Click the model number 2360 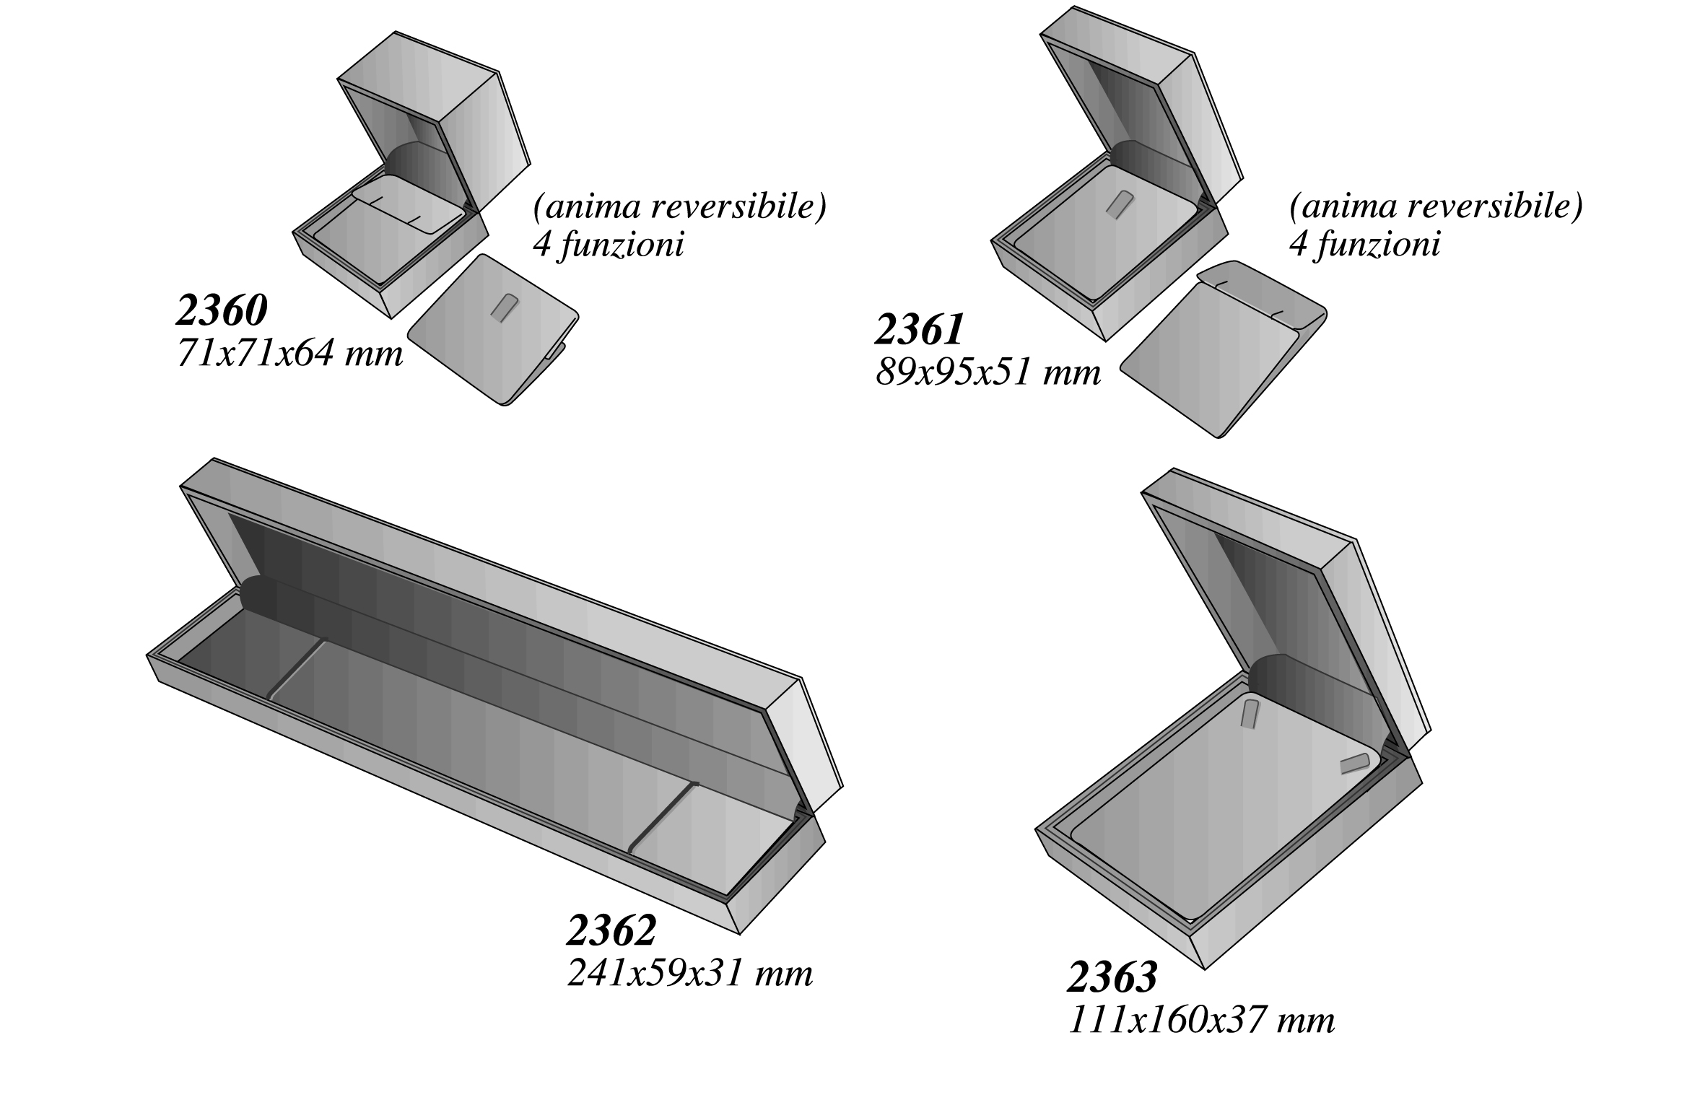point(222,310)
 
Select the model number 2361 point(920,329)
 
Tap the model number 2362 point(611,930)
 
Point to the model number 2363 point(1112,977)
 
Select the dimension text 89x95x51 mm point(988,373)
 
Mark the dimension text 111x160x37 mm point(1201,1021)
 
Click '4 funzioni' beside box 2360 point(609,245)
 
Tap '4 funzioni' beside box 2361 point(1365,245)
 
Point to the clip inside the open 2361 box point(1117,204)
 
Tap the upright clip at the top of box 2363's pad point(1250,713)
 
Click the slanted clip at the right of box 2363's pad point(1355,764)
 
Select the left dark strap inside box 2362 point(296,668)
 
